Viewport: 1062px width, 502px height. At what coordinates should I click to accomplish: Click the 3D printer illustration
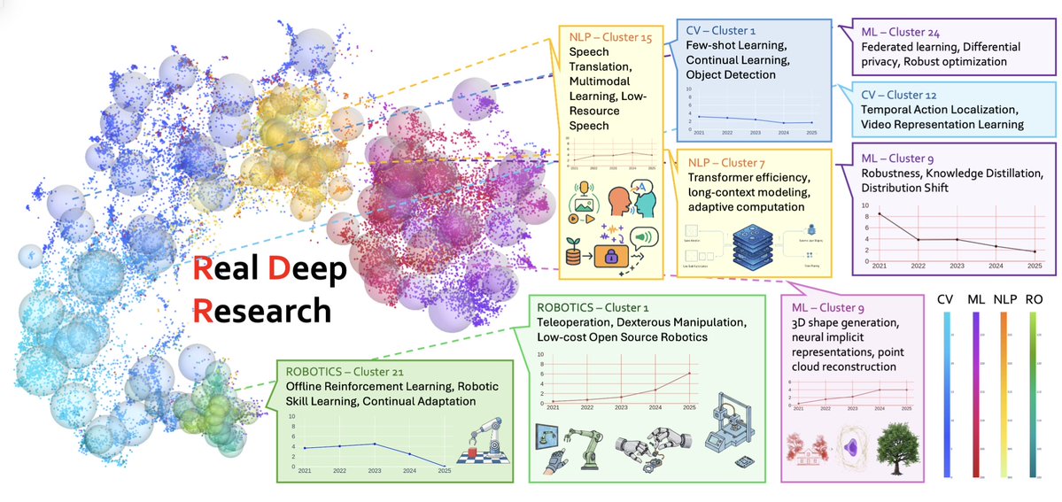[x=727, y=443]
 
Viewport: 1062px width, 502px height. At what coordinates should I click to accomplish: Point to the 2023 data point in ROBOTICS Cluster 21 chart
[x=374, y=444]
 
